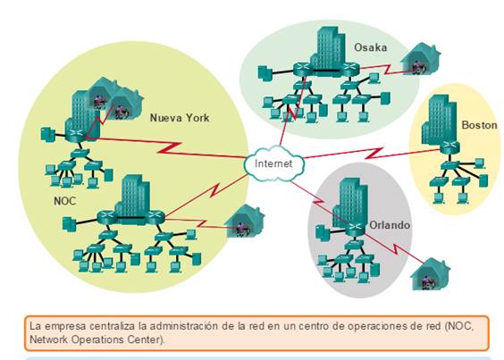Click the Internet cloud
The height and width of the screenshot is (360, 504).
click(x=273, y=163)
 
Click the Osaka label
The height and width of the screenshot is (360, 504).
click(x=370, y=47)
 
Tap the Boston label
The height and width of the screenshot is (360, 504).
click(x=479, y=125)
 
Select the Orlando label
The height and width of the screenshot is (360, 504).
click(x=390, y=225)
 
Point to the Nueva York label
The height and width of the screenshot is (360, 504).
click(x=180, y=118)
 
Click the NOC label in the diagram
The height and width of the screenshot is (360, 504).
click(x=65, y=201)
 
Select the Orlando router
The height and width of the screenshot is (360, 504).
click(x=355, y=228)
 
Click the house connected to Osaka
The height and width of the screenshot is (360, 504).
click(x=420, y=59)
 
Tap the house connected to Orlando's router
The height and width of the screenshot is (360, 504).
click(x=430, y=274)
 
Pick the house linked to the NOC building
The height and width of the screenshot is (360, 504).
click(x=244, y=222)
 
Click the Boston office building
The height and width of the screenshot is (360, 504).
click(x=439, y=121)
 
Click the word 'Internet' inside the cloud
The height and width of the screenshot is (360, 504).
click(x=273, y=163)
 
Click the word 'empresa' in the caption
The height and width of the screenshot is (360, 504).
click(x=65, y=327)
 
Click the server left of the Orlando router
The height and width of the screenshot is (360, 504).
click(x=321, y=231)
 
